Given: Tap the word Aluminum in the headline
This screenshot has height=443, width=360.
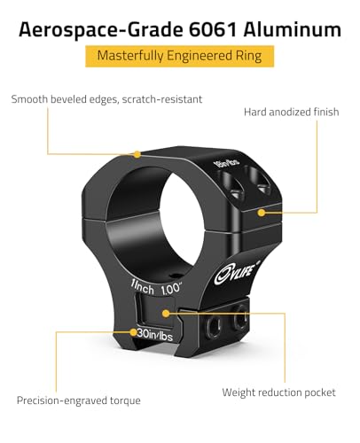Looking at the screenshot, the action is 292,30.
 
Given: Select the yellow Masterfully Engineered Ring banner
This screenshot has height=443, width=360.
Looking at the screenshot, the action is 180,56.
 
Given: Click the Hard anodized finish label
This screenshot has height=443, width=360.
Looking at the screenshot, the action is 292,113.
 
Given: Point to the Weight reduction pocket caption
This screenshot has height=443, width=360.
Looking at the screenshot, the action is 278,392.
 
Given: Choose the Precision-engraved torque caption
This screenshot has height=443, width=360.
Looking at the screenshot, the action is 79,400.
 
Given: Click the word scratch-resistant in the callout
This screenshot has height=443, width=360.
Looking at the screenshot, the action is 162,99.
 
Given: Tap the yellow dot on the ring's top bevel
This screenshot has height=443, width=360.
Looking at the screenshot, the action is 137,154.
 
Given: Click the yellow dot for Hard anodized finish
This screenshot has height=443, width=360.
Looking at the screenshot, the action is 262,213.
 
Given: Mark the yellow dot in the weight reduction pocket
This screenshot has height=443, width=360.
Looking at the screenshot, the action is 166,314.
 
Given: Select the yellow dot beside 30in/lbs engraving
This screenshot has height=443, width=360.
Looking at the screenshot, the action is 134,332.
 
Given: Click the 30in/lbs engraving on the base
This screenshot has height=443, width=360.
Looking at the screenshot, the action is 155,335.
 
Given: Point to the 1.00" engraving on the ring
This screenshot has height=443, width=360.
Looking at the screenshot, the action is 171,289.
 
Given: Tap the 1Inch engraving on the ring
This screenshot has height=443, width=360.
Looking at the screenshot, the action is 143,287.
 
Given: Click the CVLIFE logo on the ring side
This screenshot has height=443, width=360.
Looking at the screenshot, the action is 238,273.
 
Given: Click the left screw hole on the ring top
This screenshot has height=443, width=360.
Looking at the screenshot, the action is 232,186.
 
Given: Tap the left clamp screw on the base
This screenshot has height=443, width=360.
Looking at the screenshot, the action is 214,327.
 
